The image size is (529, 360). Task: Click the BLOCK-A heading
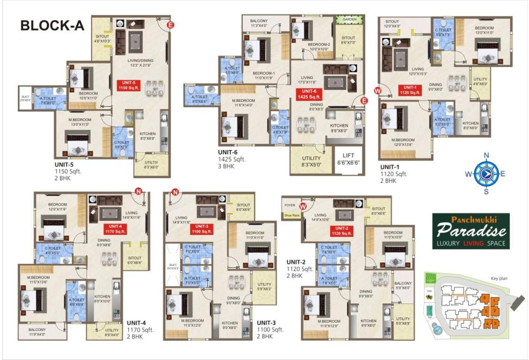point(52,25)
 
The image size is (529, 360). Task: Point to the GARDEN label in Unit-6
point(349,20)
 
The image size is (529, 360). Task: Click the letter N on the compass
point(486,155)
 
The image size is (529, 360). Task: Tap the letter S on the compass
point(486,191)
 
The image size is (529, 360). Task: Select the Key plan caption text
point(499,278)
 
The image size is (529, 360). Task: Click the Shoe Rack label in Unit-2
point(291,216)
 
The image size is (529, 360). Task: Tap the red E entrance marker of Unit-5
point(170,25)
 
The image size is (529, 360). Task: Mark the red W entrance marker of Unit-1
point(378,90)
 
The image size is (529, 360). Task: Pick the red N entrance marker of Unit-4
point(138,191)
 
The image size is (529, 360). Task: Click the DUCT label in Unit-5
point(25,98)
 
